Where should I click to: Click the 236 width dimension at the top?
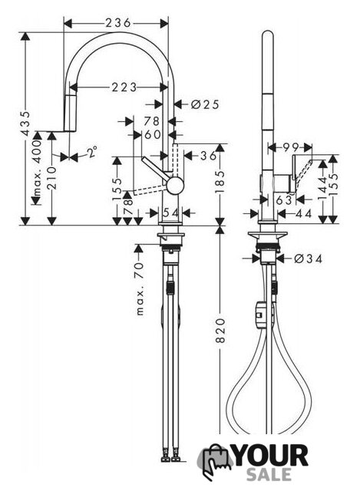click(117, 23)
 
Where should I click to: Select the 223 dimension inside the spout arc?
click(124, 87)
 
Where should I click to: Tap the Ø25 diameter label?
click(205, 104)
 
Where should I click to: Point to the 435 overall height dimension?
click(25, 123)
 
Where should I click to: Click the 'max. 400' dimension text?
click(38, 168)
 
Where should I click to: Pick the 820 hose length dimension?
click(221, 331)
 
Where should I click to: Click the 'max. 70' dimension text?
click(140, 288)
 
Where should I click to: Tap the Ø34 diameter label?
click(309, 259)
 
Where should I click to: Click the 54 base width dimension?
click(170, 213)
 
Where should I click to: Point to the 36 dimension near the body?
click(208, 156)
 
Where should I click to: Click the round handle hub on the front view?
click(174, 185)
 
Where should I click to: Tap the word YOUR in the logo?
click(271, 456)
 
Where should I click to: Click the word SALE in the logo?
click(269, 475)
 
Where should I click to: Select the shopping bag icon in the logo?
click(216, 461)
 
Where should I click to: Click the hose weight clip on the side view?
click(259, 315)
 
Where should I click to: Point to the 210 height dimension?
click(53, 178)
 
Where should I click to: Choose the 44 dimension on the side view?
click(303, 213)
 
